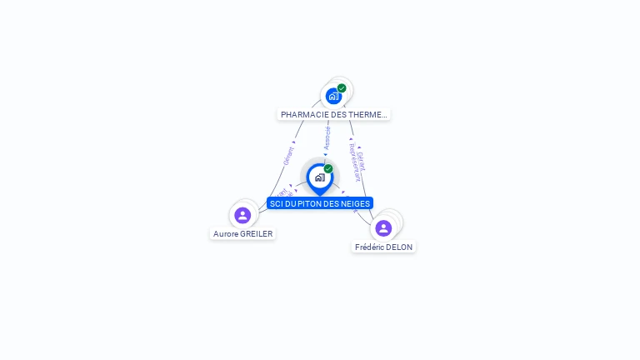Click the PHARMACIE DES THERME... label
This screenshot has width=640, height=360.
tap(333, 114)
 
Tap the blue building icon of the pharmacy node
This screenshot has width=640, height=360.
tap(333, 96)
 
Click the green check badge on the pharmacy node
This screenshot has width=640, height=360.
tap(342, 88)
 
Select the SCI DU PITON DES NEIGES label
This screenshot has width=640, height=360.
tap(320, 203)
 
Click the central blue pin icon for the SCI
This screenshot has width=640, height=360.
tap(319, 177)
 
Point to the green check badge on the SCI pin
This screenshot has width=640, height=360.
tap(328, 169)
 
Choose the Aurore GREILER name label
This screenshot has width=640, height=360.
tap(242, 234)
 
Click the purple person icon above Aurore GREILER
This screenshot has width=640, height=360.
tap(242, 215)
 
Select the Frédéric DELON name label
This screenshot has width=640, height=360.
tap(383, 247)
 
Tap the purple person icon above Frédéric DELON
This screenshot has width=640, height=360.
tap(383, 227)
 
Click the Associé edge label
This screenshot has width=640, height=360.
tap(327, 138)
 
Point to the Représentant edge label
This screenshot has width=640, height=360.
tap(354, 162)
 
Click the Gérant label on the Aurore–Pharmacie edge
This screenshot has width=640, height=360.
tap(288, 156)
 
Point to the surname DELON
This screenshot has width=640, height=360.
tap(399, 247)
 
